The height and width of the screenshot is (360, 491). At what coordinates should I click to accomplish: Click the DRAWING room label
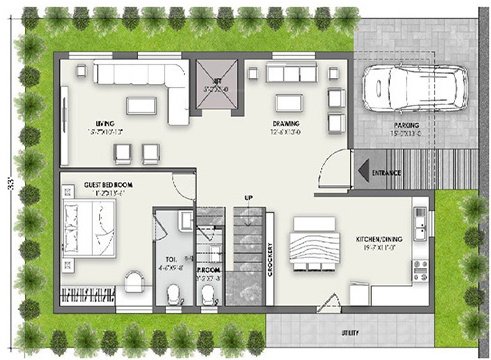click(287, 124)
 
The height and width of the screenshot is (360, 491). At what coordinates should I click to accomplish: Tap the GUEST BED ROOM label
click(100, 186)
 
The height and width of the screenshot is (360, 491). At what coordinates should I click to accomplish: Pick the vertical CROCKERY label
click(270, 257)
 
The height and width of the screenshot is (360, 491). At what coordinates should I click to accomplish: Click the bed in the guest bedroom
click(77, 229)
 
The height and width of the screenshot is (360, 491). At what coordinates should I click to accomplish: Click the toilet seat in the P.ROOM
click(208, 296)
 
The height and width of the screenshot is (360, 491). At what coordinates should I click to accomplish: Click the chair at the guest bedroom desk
click(133, 280)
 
